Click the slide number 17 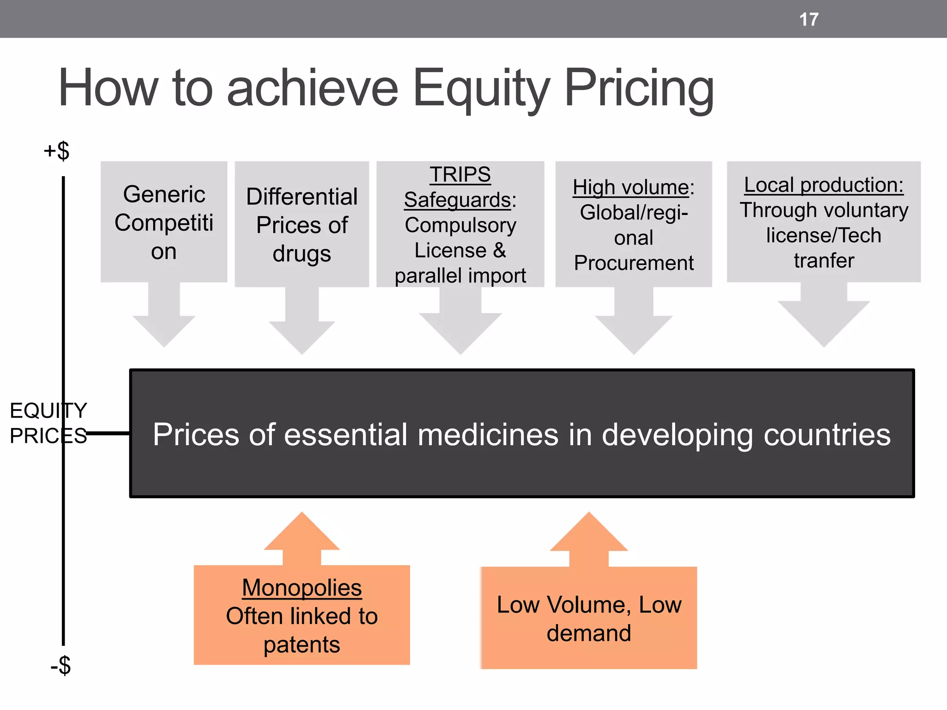point(809,19)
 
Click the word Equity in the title point(481,88)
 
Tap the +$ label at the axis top point(56,151)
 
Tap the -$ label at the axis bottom point(61,666)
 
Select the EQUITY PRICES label point(48,423)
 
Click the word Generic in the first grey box point(164,194)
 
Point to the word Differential point(302,196)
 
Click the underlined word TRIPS point(460,174)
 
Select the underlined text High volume point(630,187)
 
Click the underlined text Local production point(824,185)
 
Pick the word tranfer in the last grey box point(824,261)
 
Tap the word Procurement point(633,263)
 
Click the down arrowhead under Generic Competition point(164,331)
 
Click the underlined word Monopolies point(302,588)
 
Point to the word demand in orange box point(589,633)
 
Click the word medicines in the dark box point(488,435)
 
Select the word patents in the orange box point(302,644)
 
